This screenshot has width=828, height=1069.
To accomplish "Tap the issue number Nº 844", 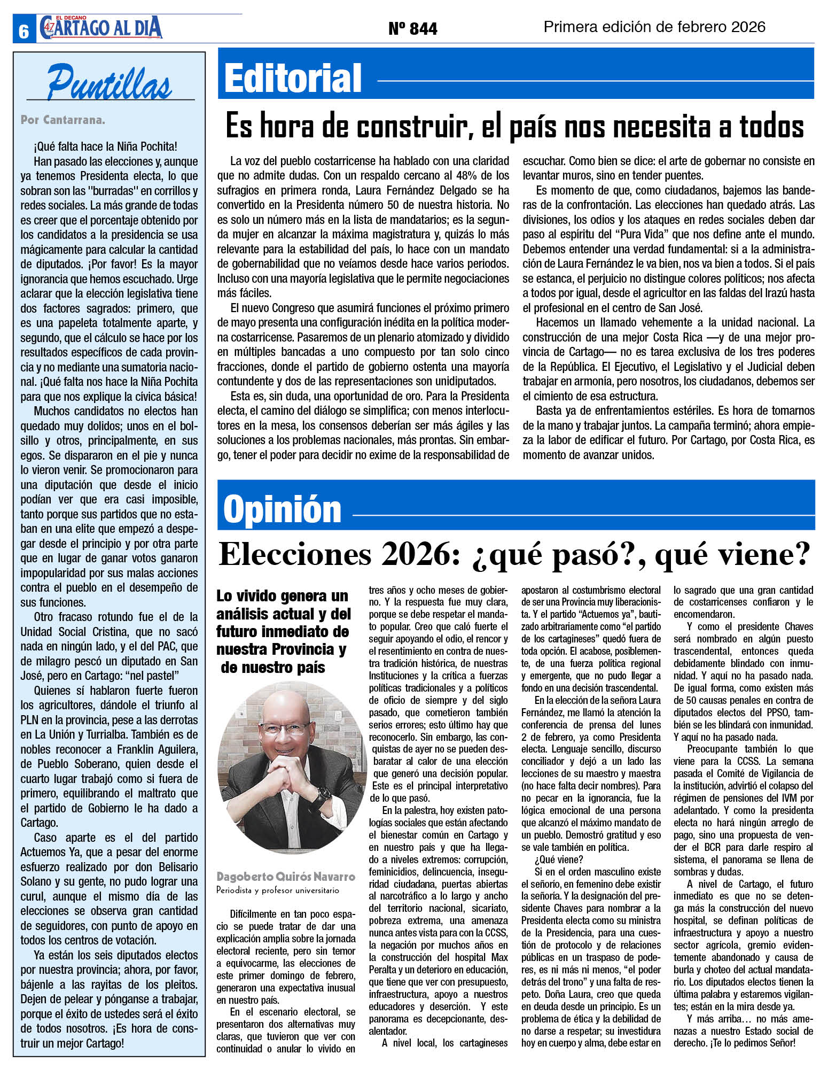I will [412, 28].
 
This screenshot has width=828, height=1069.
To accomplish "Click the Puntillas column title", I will [110, 82].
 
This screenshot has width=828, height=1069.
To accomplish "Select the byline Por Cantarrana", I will [63, 120].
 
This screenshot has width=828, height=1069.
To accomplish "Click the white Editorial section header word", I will [293, 78].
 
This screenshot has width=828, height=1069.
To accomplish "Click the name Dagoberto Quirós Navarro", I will [286, 877].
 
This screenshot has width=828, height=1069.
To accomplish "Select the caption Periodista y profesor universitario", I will [278, 890].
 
